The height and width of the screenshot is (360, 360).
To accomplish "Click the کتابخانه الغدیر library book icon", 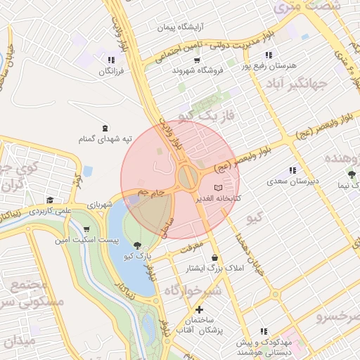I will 218,188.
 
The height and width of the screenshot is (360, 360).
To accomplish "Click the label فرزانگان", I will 111,71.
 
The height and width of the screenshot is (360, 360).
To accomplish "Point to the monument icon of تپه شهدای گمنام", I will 105,128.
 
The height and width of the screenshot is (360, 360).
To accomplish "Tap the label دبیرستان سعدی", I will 293,181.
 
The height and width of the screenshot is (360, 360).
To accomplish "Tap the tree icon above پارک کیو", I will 136,246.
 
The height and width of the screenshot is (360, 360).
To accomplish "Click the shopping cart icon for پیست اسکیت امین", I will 86,230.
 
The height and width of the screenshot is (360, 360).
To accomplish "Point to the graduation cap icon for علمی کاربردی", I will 49,200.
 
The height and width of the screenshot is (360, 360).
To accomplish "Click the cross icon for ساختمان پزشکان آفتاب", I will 200,309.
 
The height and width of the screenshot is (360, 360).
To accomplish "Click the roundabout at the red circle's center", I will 188,176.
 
